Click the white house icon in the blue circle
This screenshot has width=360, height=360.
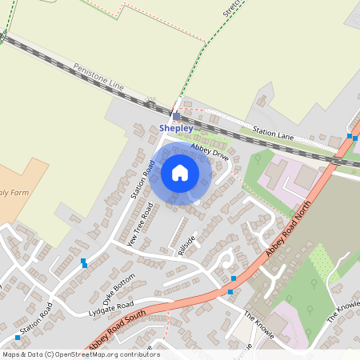coord(180,173)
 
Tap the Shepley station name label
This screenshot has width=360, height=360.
coord(176,128)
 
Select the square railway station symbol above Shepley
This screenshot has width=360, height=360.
coord(177,116)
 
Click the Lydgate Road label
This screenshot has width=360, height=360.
coord(114,307)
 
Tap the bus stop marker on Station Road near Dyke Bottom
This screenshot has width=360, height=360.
coord(84,263)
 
